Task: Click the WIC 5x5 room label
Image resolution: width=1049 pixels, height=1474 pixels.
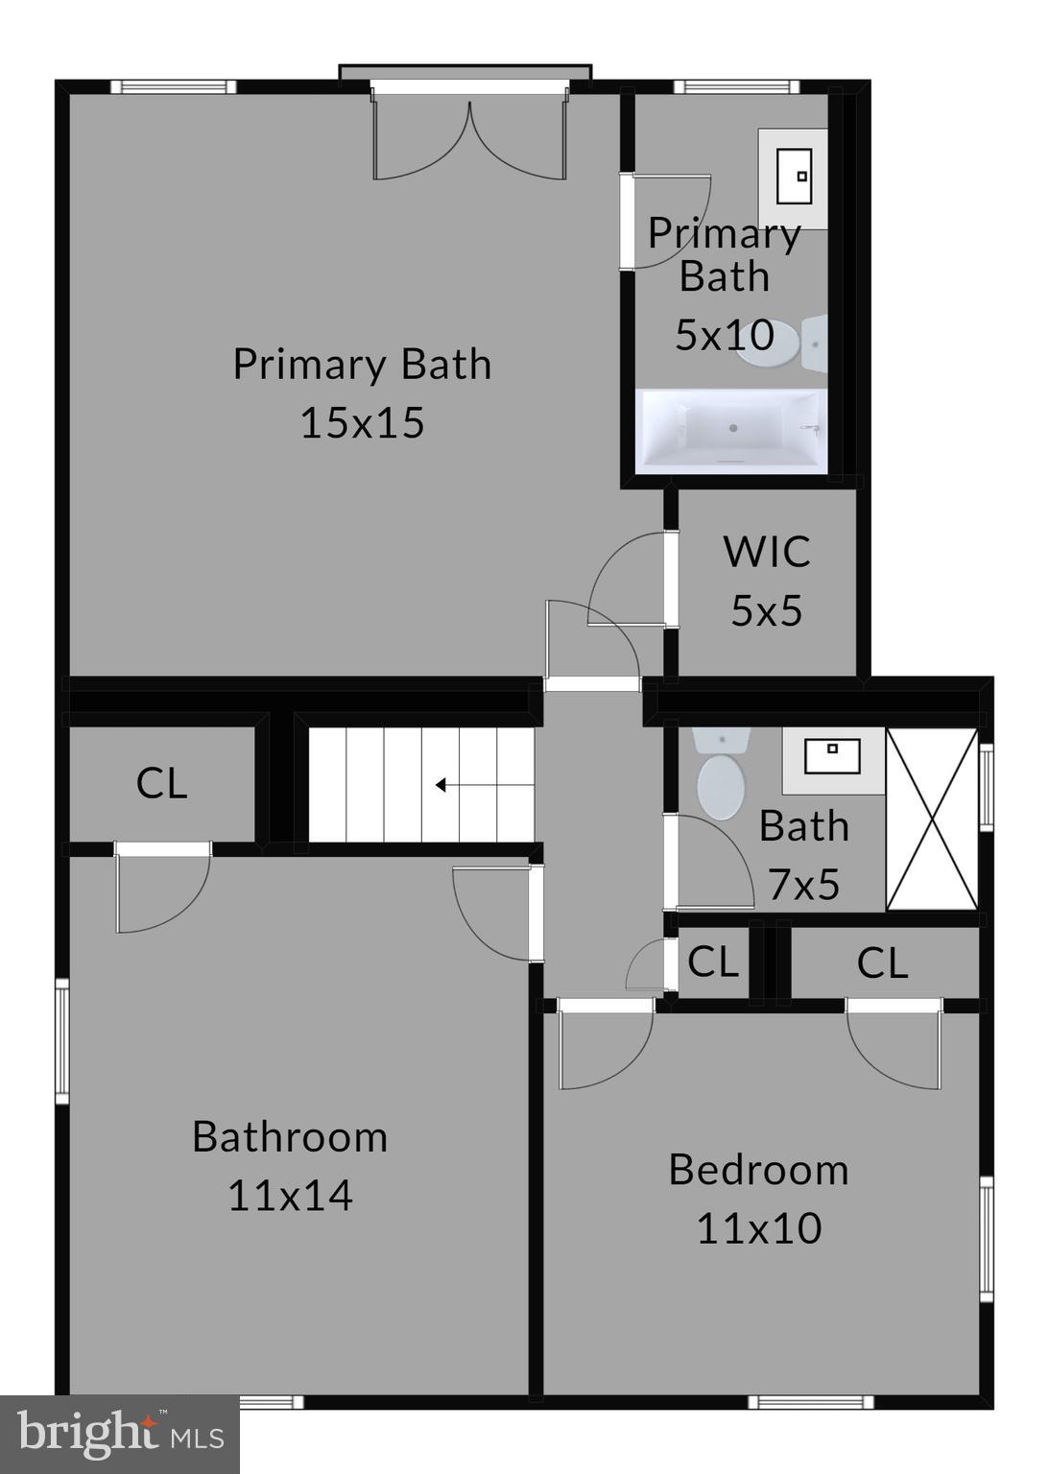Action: [x=766, y=581]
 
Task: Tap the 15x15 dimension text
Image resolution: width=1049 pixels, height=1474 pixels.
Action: [x=362, y=422]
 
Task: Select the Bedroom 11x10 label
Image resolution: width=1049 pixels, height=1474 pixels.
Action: [x=758, y=1198]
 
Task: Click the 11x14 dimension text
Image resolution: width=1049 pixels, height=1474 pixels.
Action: [x=290, y=1196]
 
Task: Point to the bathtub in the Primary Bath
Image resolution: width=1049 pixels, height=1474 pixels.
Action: [x=730, y=429]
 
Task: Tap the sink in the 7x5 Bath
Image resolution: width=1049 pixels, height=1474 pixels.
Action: [x=832, y=758]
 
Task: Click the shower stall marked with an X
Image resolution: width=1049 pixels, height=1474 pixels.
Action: [x=931, y=819]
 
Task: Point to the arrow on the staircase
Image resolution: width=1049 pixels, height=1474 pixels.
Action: [x=442, y=785]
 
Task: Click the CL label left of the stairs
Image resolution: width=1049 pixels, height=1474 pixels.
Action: [x=161, y=783]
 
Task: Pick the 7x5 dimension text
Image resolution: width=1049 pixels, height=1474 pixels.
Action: [x=803, y=885]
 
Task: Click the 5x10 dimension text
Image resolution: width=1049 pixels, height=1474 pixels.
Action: [x=724, y=335]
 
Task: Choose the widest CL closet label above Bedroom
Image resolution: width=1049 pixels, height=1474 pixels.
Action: [x=882, y=963]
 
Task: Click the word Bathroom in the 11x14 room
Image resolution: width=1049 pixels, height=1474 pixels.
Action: [x=290, y=1137]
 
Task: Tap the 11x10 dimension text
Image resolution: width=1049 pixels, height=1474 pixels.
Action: [x=758, y=1228]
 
